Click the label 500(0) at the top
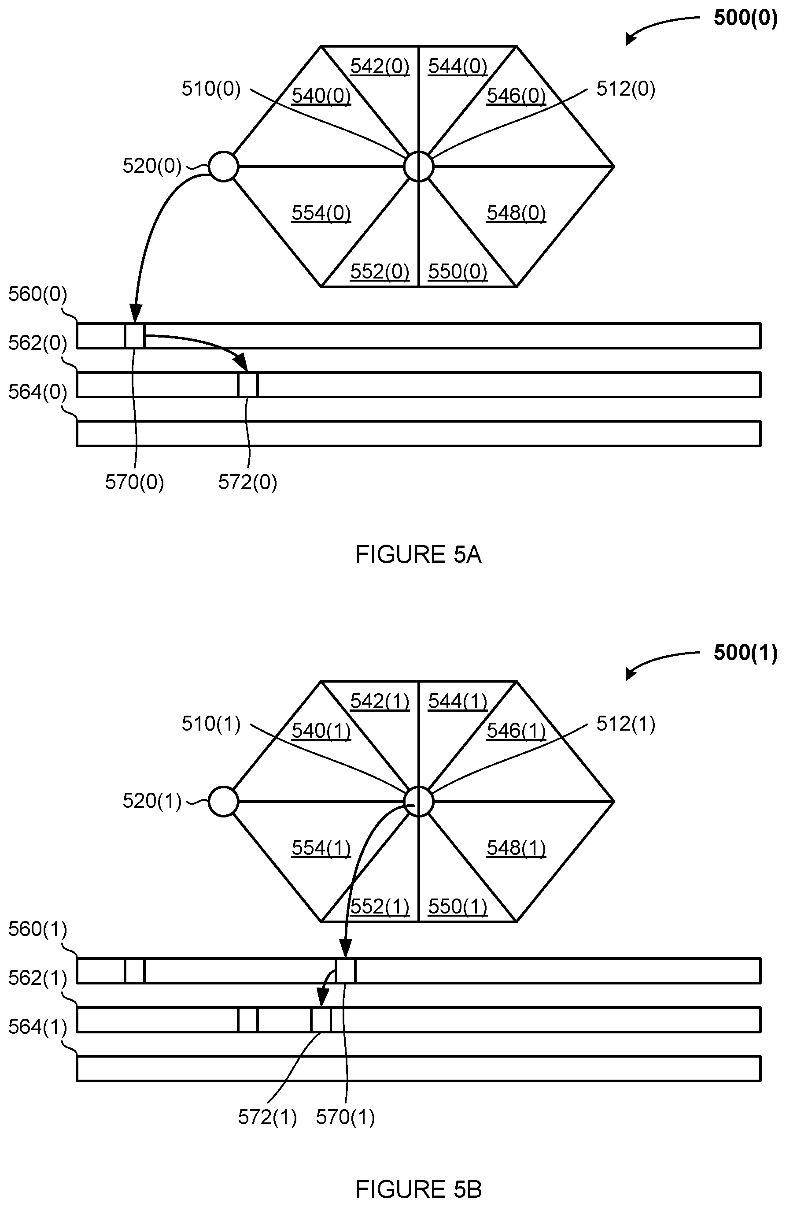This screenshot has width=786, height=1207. click(745, 18)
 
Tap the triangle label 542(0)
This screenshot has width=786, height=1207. click(380, 67)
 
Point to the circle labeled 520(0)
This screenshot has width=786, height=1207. click(224, 166)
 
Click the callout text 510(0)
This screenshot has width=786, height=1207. click(211, 89)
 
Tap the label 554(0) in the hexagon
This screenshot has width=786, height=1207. click(321, 212)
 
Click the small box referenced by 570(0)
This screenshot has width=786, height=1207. click(135, 336)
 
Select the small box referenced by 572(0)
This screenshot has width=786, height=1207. click(248, 385)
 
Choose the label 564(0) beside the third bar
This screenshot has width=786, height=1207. click(37, 392)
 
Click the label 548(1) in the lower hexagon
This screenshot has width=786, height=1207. click(516, 848)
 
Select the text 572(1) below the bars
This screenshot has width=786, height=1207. click(267, 1117)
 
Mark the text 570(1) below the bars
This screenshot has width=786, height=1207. click(345, 1117)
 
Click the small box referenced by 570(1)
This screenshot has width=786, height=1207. click(346, 971)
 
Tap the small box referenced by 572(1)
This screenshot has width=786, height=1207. click(321, 1020)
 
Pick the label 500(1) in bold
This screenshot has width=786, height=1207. click(745, 653)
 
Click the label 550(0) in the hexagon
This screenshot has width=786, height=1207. click(457, 271)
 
